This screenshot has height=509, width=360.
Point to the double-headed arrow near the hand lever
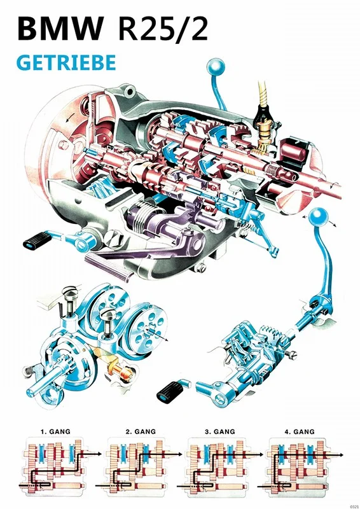pyautogui.click(x=312, y=218)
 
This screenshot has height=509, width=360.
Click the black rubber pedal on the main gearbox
pyautogui.click(x=38, y=241)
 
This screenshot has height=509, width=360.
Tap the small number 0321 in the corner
pyautogui.click(x=350, y=504)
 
